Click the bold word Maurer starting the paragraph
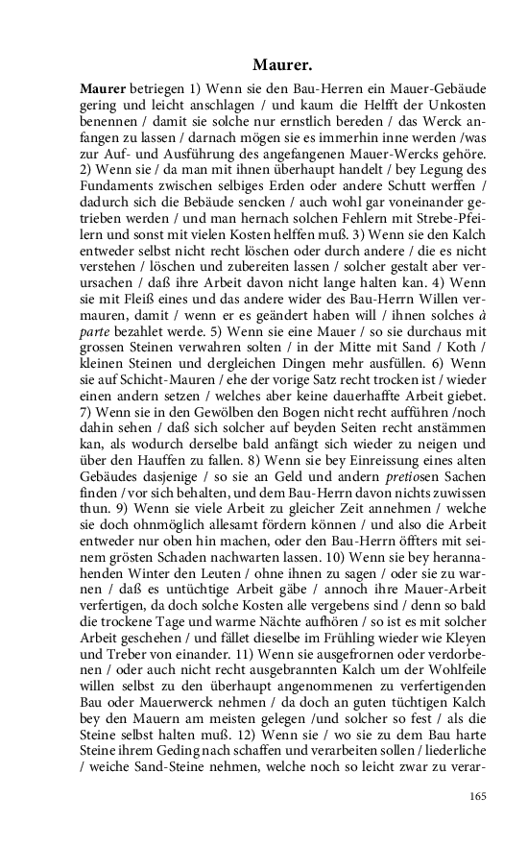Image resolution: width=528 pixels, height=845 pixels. click(x=103, y=89)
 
